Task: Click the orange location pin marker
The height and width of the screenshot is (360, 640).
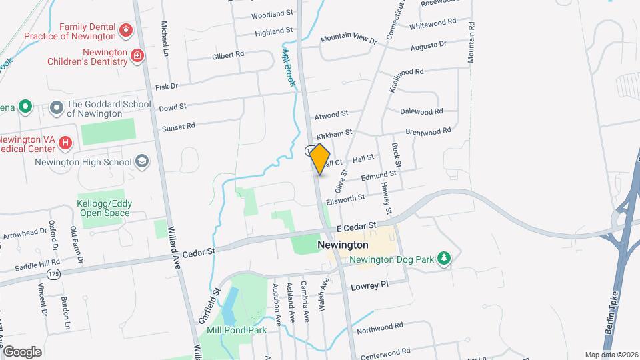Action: click(x=320, y=159)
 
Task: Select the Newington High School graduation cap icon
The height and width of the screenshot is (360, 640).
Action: click(x=142, y=161)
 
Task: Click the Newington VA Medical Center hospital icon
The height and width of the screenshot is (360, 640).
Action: click(x=65, y=143)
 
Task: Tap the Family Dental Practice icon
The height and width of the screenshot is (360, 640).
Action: click(x=125, y=31)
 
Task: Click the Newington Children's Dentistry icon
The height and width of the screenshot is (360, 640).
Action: click(x=137, y=55)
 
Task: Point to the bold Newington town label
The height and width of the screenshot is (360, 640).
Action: click(x=343, y=245)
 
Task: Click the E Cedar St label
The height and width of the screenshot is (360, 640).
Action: click(x=357, y=228)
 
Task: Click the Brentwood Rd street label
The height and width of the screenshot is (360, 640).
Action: click(x=428, y=131)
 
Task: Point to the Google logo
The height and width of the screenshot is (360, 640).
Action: click(x=22, y=351)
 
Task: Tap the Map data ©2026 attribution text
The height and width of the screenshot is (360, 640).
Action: click(x=611, y=355)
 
